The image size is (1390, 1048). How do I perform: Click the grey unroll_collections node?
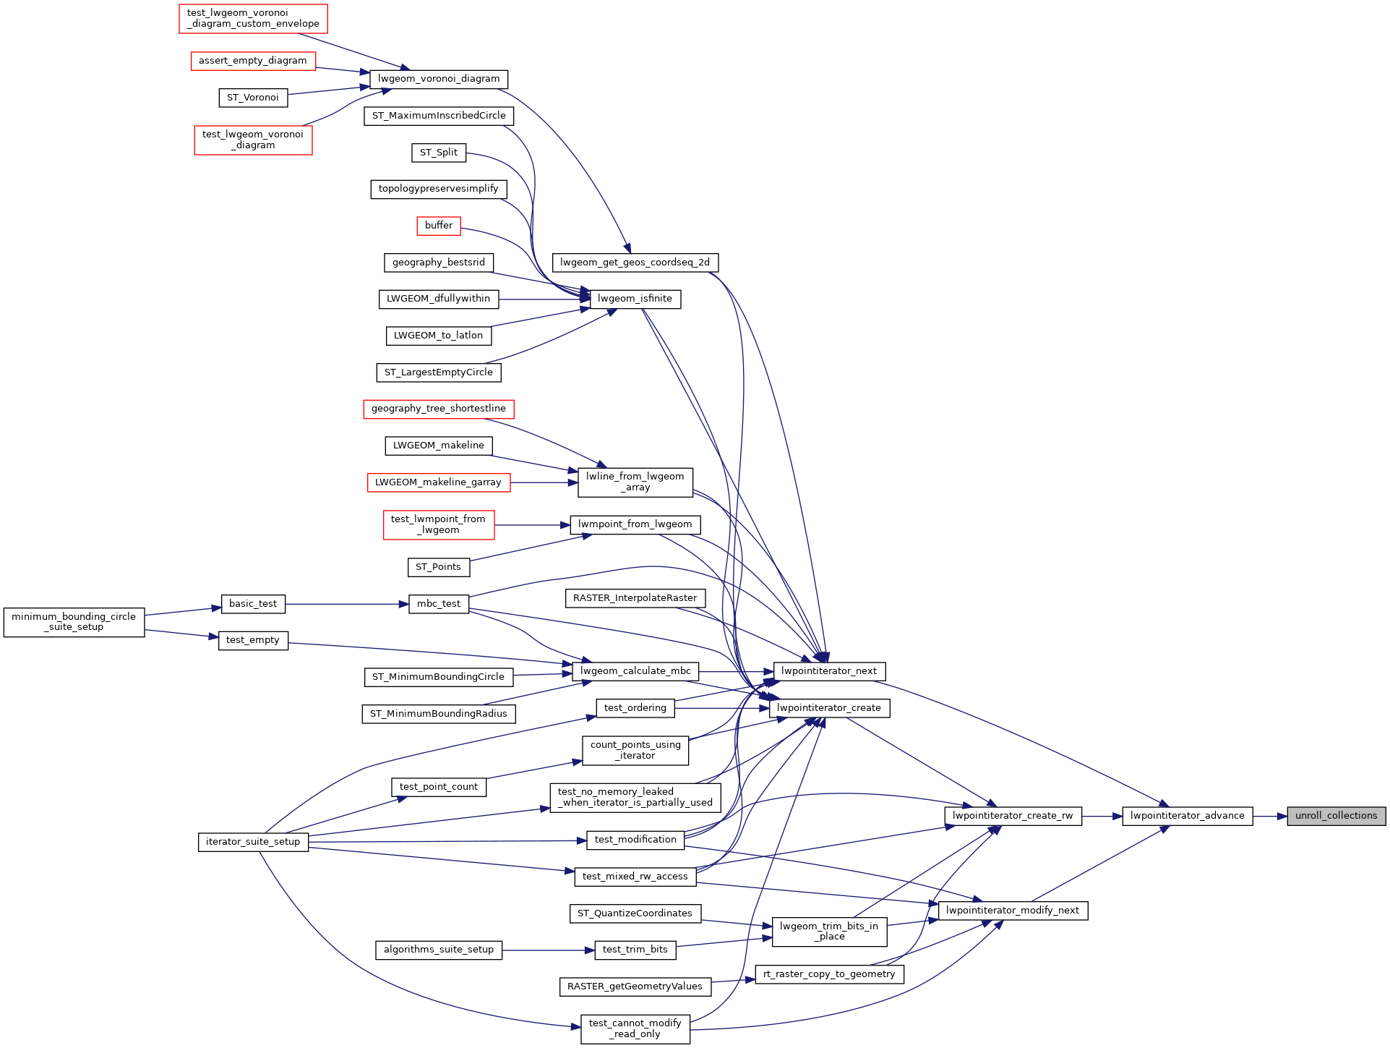1336,816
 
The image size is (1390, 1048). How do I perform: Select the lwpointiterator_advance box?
1187,816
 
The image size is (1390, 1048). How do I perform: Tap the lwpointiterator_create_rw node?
1013,816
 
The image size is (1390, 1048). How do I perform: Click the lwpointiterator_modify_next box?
1012,911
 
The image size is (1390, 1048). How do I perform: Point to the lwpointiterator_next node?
829,671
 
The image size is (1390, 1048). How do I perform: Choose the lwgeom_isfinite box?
635,299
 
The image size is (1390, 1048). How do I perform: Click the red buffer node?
439,226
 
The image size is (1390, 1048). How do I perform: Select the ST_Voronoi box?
253,98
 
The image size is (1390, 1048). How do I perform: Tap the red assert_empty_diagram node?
253,61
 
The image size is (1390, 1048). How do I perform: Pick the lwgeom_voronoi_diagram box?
439,79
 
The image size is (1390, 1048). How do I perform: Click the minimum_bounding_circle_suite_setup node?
74,622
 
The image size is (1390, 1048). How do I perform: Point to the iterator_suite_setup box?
253,842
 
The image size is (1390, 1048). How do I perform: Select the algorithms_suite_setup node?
439,950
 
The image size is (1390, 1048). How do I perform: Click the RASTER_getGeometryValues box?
635,987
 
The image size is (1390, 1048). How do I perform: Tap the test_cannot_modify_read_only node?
635,1028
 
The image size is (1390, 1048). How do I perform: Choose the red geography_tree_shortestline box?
439,409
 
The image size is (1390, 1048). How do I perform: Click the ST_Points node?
438,567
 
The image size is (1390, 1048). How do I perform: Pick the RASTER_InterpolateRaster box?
635,598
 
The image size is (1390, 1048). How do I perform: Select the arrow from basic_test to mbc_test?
347,604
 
